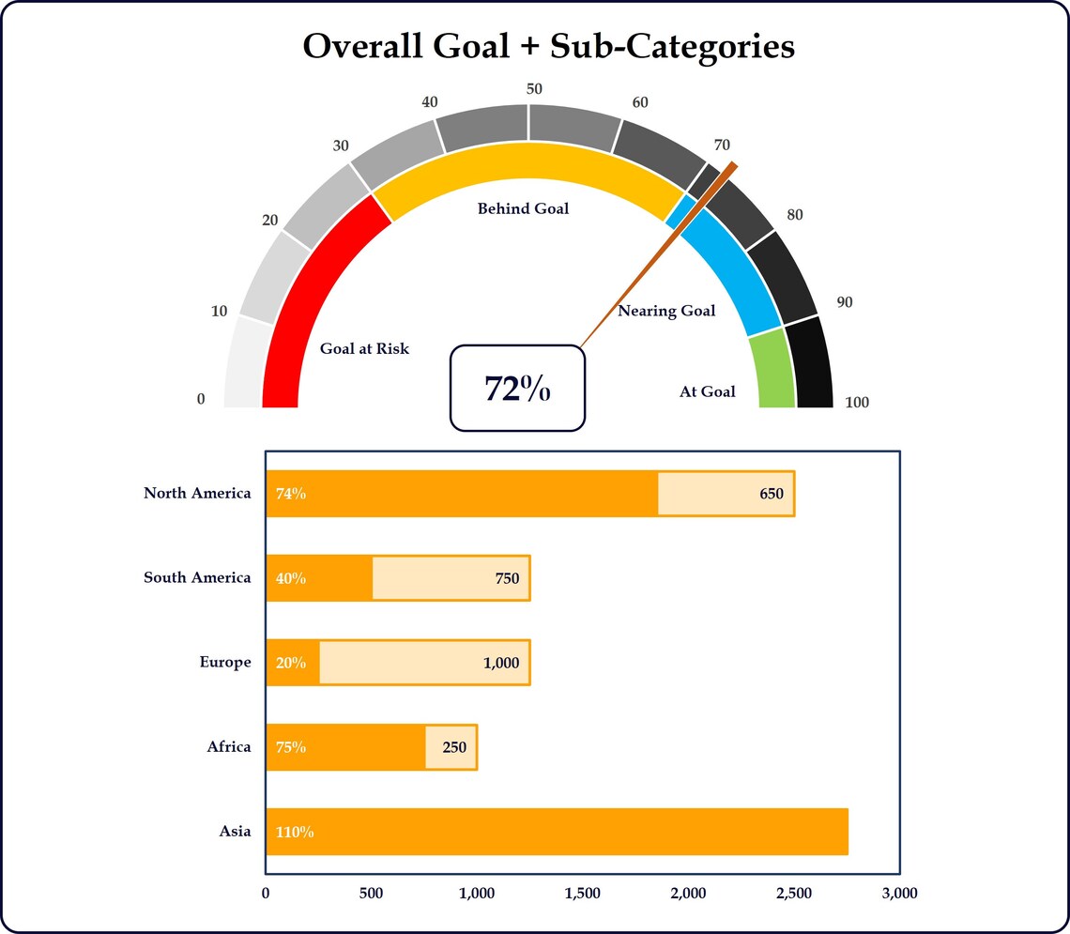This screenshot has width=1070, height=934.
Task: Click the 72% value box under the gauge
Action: tap(517, 388)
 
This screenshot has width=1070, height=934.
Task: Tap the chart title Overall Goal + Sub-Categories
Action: tap(548, 46)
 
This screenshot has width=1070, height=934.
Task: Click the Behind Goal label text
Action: tap(523, 208)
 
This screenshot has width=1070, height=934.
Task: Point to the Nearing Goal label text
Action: tap(666, 311)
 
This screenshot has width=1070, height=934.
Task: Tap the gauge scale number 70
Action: tap(722, 145)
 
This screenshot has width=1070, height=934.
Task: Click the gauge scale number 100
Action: tap(857, 403)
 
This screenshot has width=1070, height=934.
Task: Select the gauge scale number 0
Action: tap(201, 400)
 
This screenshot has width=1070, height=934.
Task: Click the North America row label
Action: tap(197, 493)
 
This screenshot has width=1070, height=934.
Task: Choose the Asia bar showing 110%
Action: tap(557, 832)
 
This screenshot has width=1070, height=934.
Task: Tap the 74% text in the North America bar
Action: tap(291, 494)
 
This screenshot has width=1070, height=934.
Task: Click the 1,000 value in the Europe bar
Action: tap(501, 663)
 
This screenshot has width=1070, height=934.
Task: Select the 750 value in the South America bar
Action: tap(507, 578)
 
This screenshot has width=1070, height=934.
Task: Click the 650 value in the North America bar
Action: tap(772, 494)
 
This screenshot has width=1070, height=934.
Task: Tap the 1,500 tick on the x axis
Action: tap(583, 893)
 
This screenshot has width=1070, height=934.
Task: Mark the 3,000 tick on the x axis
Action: tap(899, 893)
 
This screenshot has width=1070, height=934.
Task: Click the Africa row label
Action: tap(229, 747)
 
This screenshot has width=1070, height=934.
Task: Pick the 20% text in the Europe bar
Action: tap(291, 663)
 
